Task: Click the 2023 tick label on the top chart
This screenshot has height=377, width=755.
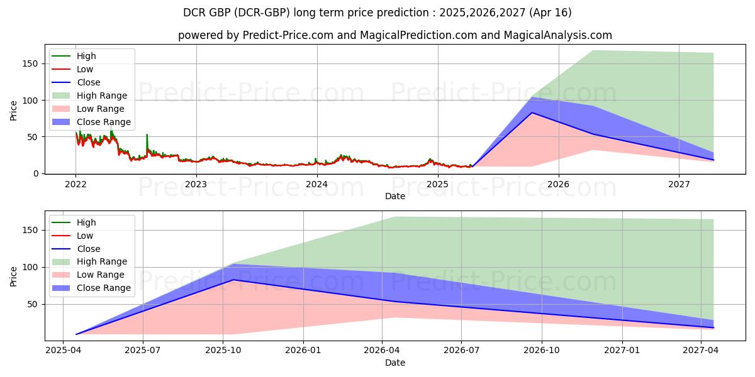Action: point(196,184)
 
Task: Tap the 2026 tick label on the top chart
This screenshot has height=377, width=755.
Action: point(558,184)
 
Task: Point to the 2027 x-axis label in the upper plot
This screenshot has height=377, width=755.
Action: point(679,184)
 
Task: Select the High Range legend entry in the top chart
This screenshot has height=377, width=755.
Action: point(102,96)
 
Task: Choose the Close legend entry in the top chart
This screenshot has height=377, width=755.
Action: point(88,82)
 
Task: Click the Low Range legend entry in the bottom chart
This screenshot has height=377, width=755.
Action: point(101,275)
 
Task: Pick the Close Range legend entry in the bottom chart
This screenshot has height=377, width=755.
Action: point(103,288)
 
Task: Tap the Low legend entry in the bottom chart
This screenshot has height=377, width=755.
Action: point(85,236)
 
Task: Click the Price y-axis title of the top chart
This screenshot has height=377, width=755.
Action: point(14,111)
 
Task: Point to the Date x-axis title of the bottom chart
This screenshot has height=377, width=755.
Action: point(394,363)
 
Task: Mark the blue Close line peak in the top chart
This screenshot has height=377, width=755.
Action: point(532,112)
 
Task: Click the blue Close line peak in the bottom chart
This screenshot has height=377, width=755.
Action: point(234,280)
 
